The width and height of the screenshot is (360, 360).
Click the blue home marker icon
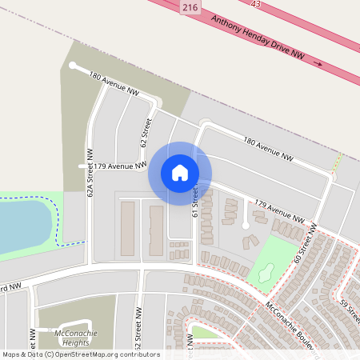[180, 171]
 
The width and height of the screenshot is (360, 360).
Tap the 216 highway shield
[190, 6]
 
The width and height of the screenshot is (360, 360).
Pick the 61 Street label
[194, 200]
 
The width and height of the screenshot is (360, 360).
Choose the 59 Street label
[349, 307]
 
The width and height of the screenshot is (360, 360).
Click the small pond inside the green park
[266, 272]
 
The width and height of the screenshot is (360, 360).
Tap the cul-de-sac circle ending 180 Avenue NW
[72, 66]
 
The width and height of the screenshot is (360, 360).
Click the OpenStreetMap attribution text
[81, 354]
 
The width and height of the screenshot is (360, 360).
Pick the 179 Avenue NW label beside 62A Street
[119, 166]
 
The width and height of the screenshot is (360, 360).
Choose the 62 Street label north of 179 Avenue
[146, 133]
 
